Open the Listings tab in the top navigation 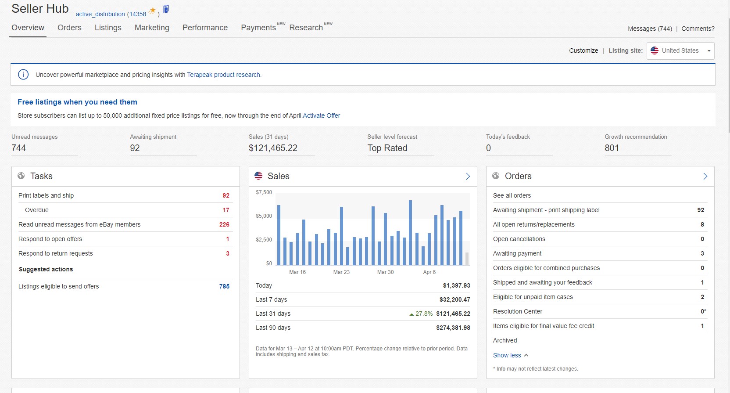click(108, 28)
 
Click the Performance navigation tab click(205, 28)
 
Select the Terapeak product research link click(224, 75)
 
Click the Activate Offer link click(321, 115)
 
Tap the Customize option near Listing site click(583, 50)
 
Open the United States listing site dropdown click(680, 51)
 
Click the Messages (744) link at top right click(650, 29)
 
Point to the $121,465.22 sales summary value click(273, 148)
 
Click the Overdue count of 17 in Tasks click(226, 210)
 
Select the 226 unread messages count click(224, 224)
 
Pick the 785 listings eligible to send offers click(224, 286)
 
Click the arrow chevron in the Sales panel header click(468, 177)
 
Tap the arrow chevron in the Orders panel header click(705, 177)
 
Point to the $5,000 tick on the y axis click(264, 216)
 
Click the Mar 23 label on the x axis click(341, 272)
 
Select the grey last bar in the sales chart click(467, 259)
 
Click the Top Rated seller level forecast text click(387, 148)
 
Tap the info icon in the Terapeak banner click(23, 75)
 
